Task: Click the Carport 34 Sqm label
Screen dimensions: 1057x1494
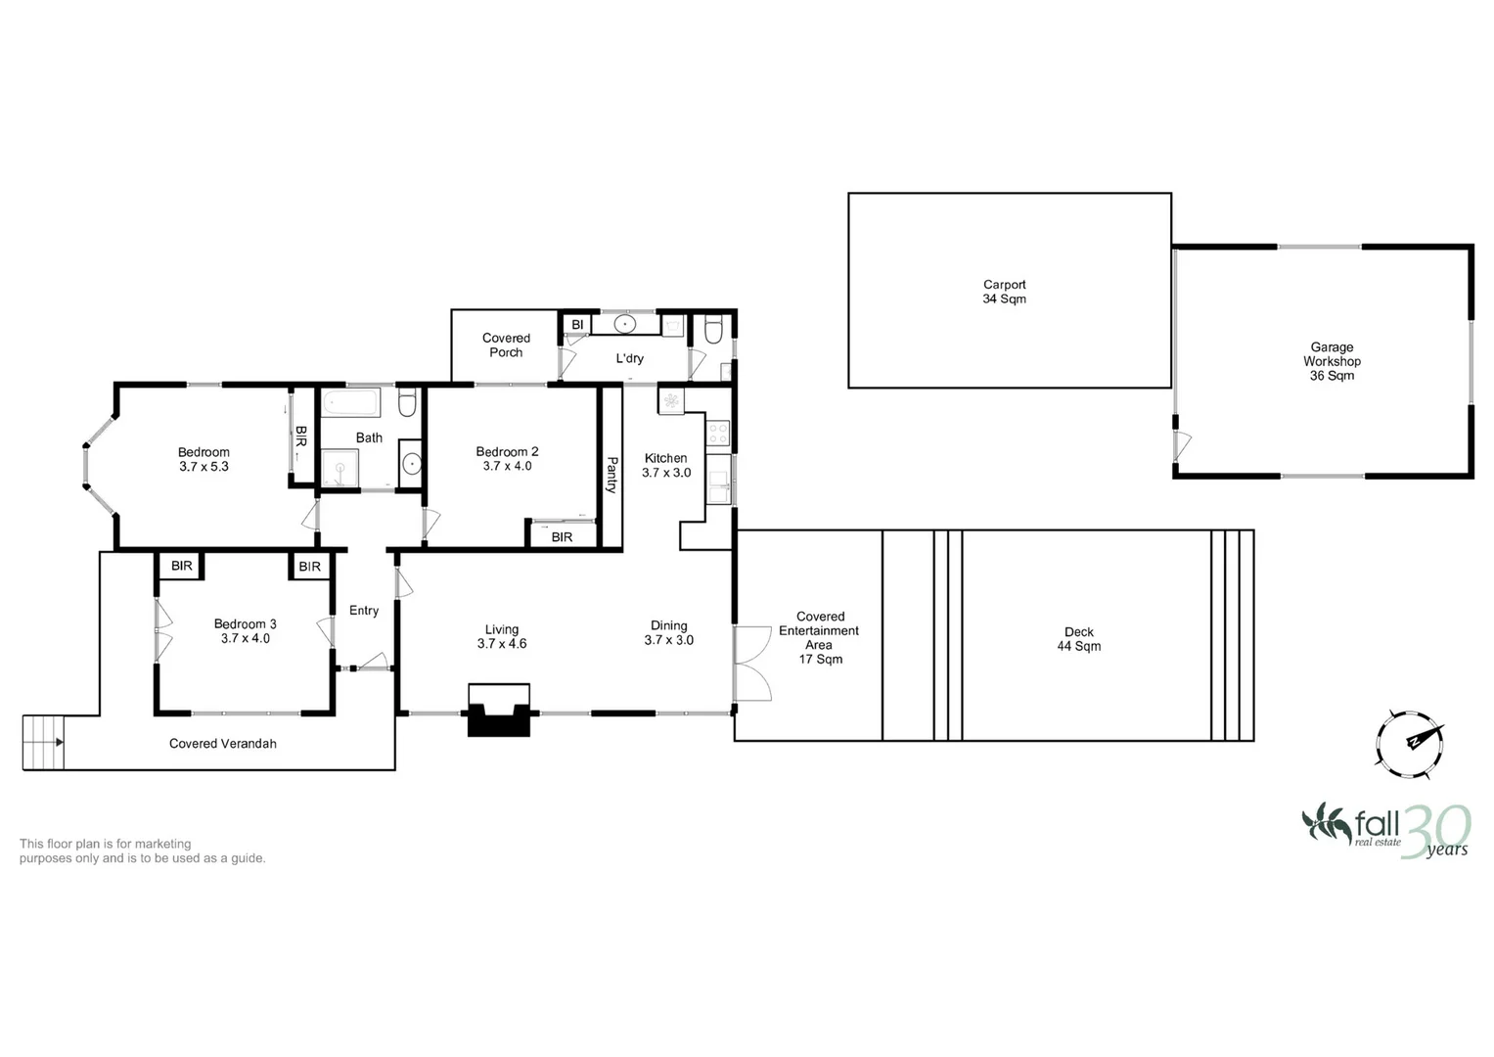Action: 1004,292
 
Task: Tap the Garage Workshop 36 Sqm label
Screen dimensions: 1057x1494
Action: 1332,361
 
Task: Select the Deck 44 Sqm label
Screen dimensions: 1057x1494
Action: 1078,639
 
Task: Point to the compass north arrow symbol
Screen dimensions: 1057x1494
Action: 1410,744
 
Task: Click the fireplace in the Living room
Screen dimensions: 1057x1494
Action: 499,711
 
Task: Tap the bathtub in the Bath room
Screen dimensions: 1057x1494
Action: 350,403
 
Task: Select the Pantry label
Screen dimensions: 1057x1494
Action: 611,475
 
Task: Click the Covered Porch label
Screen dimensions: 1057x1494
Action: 506,345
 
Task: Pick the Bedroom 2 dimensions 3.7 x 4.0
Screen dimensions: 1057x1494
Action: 507,467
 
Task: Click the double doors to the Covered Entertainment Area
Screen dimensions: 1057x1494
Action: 751,663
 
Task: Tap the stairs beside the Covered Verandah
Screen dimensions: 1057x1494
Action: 43,742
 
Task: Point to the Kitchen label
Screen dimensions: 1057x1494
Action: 665,458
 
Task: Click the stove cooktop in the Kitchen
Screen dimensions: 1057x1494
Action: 718,432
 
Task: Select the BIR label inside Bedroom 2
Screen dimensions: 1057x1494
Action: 562,537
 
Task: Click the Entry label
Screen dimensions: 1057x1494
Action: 364,611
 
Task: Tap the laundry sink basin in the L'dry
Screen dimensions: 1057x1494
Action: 626,324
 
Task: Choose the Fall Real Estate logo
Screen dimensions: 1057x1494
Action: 1384,830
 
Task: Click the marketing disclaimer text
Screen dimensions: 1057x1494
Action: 142,850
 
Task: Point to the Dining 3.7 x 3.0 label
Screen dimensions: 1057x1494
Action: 668,633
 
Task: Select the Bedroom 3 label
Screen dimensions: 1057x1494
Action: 245,623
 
